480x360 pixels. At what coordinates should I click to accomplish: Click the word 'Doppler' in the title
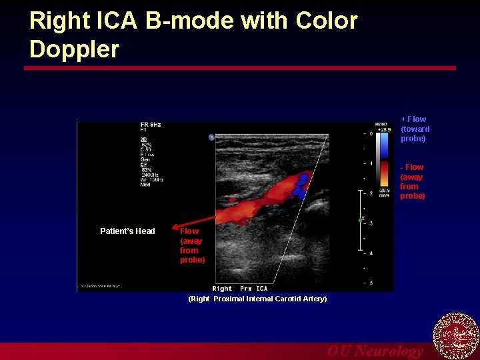(74, 49)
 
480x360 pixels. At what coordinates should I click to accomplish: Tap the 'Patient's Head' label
(127, 231)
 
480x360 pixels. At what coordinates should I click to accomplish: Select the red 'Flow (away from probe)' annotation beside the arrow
(192, 245)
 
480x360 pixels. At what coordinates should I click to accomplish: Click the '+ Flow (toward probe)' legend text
(415, 129)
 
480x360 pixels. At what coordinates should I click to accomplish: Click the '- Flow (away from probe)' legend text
(412, 181)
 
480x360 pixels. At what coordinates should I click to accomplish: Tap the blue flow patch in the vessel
(301, 185)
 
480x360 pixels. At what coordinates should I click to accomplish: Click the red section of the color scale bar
(383, 174)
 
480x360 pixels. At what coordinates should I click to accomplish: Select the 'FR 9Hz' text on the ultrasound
(151, 125)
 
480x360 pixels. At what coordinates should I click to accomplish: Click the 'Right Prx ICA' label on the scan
(240, 289)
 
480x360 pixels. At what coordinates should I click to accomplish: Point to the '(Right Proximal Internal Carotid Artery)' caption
(257, 299)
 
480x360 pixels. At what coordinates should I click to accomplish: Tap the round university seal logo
(456, 335)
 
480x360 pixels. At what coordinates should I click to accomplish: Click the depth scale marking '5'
(371, 283)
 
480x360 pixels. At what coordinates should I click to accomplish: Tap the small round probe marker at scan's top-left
(211, 137)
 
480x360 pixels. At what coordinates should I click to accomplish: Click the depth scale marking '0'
(371, 133)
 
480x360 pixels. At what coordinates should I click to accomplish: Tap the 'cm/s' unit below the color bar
(384, 195)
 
